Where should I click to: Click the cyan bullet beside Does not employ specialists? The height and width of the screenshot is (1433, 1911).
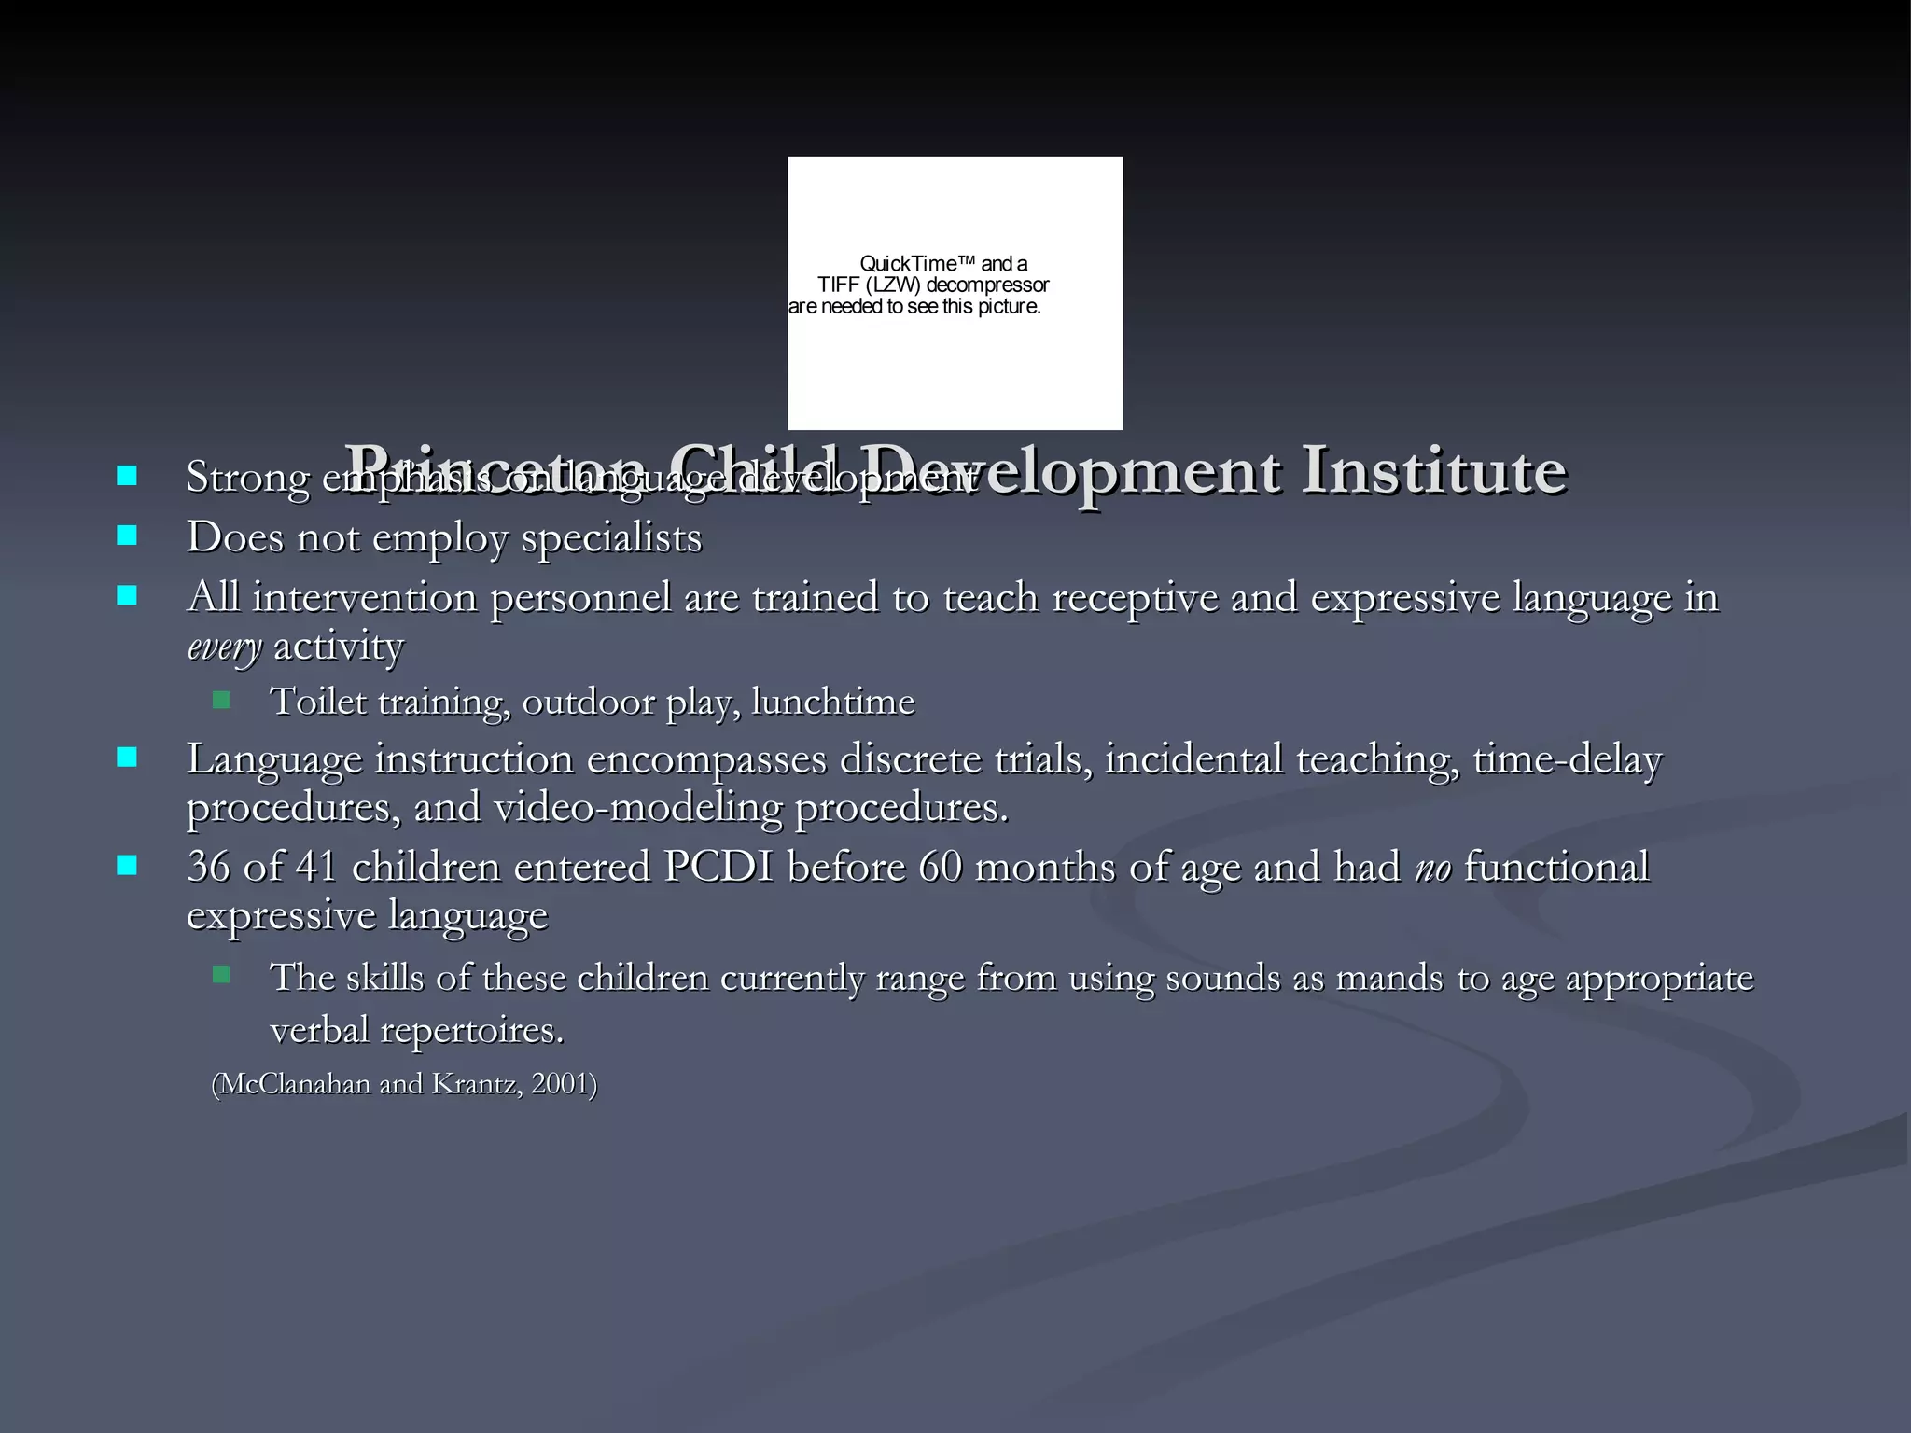click(x=127, y=536)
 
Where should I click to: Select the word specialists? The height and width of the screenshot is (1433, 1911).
click(x=611, y=538)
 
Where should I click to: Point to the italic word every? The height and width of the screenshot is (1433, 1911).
click(x=224, y=647)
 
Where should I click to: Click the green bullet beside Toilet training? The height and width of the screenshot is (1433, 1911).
click(x=221, y=700)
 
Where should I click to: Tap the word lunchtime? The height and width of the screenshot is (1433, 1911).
click(x=832, y=702)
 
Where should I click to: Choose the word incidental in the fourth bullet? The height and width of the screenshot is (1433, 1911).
click(x=1193, y=759)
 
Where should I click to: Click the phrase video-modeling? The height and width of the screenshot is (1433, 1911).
click(x=637, y=808)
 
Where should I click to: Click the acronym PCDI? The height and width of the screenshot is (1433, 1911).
click(x=718, y=867)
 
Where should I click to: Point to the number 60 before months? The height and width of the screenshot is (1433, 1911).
click(x=940, y=867)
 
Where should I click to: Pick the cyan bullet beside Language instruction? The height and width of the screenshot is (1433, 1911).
click(x=127, y=757)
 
